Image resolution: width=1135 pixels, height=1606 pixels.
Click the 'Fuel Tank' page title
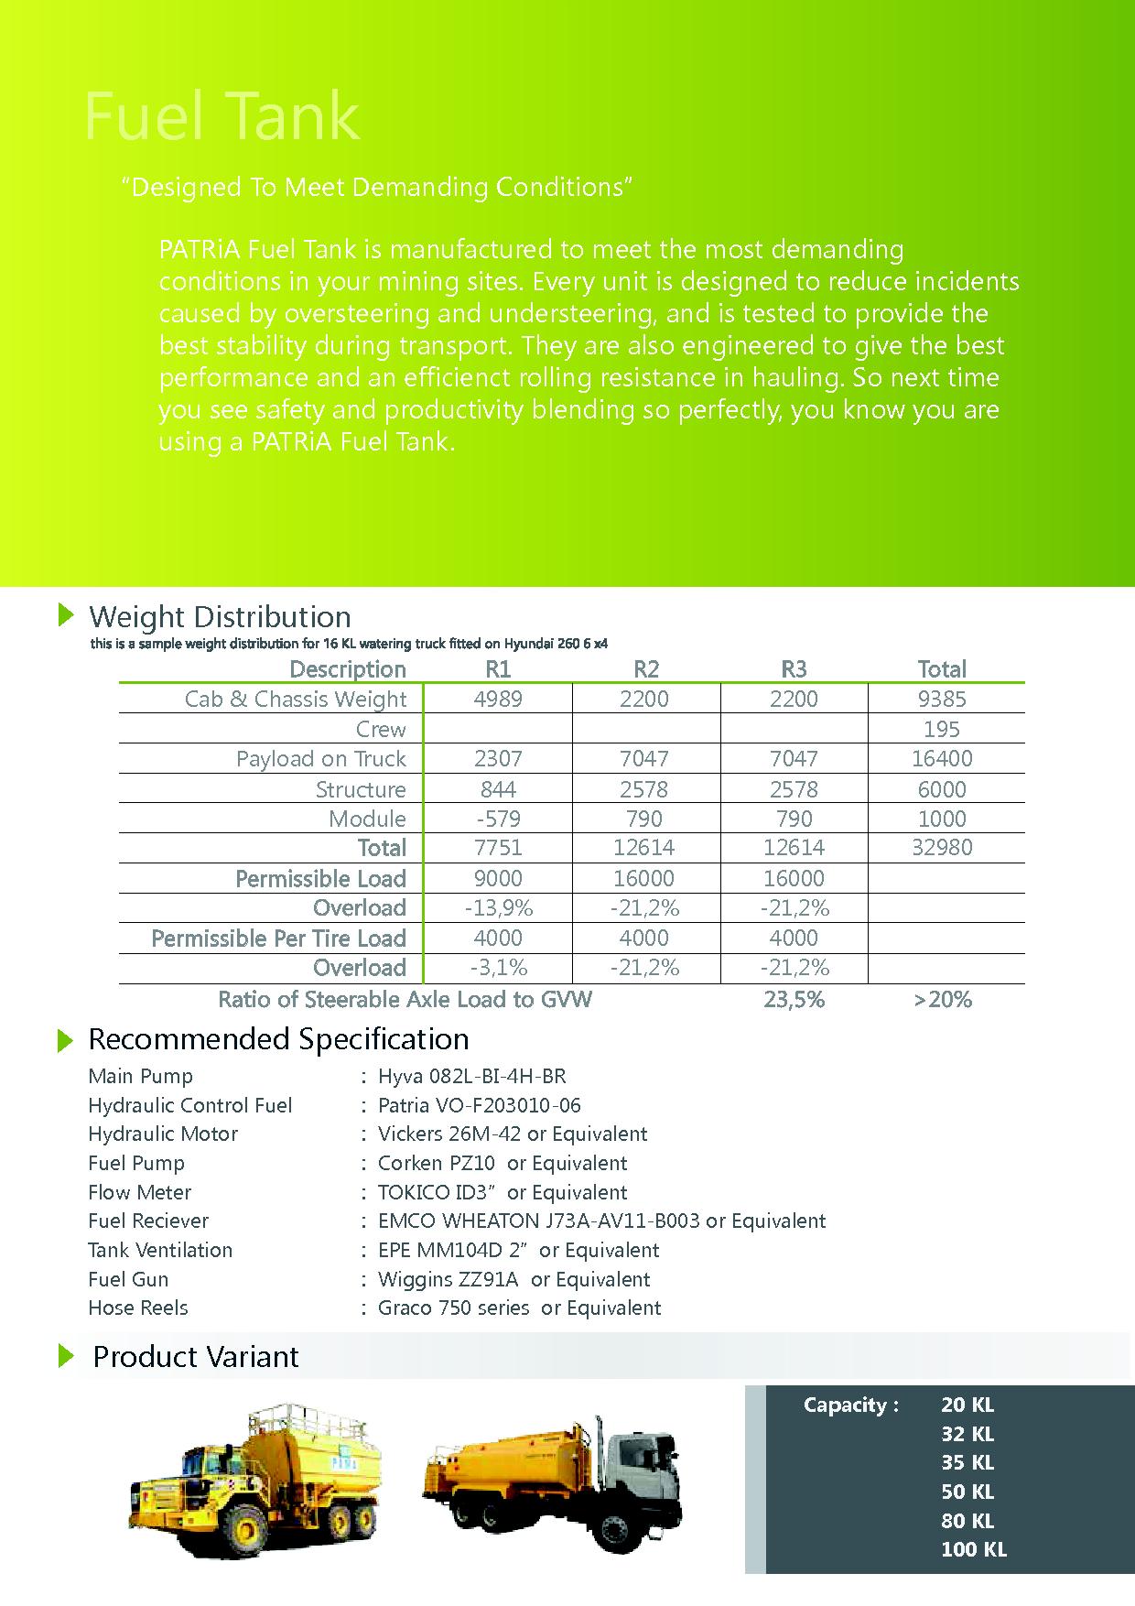222,117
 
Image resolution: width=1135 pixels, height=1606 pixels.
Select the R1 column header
498,669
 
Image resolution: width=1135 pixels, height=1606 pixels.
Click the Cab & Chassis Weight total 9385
942,700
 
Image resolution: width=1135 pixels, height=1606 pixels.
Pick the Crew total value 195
942,730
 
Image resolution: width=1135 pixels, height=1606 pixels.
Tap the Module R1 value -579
498,819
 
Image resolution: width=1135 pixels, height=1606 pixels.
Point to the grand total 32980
942,848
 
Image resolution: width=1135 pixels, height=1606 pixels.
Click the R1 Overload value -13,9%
498,908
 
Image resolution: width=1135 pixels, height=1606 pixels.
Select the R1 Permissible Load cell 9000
498,879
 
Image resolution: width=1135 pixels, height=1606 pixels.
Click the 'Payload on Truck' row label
320,759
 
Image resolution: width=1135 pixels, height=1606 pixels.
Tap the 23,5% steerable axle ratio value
794,1000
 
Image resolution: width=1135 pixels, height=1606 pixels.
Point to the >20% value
942,1000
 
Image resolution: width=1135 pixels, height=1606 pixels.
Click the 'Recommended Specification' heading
278,1039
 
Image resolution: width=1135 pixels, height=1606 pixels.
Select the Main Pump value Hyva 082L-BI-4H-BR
471,1077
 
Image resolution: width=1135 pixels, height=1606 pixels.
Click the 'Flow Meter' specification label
139,1192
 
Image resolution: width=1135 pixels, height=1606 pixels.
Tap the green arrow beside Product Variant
65,1356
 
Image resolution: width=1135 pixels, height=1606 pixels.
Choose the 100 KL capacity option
973,1549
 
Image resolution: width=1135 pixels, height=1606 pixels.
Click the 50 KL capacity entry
967,1492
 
